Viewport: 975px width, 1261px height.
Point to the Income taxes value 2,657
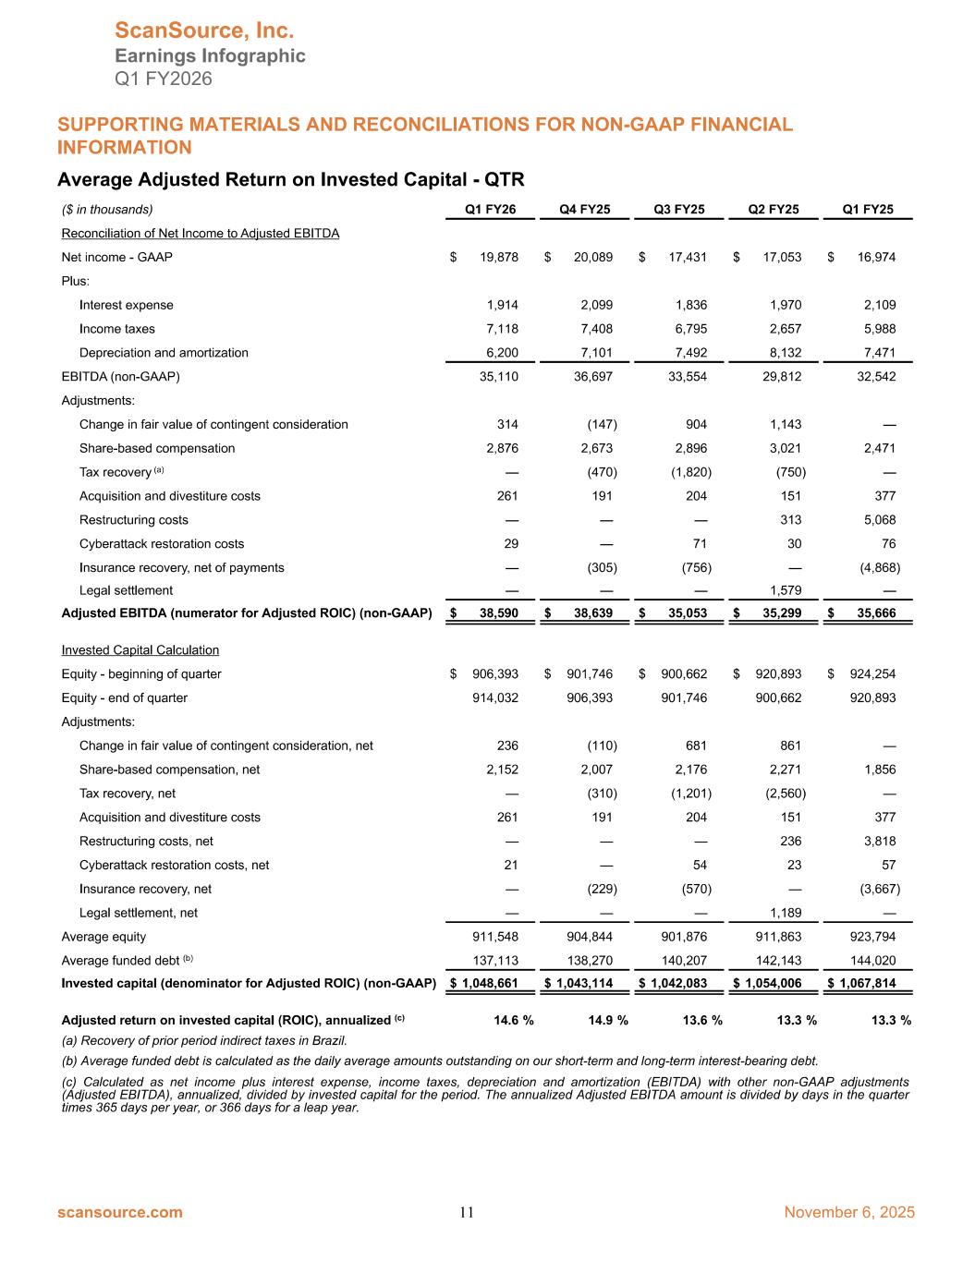(782, 329)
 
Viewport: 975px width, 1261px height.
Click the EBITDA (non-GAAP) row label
(120, 377)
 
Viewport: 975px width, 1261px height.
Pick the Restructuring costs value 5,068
(877, 520)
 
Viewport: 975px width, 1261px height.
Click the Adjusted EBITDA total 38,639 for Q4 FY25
(592, 614)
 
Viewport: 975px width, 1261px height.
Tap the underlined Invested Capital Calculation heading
(140, 650)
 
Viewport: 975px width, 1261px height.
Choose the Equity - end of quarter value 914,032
(495, 698)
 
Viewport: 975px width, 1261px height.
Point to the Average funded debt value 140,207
(684, 961)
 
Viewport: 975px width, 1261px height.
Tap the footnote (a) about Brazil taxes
(204, 1041)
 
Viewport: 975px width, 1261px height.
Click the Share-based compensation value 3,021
(782, 449)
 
